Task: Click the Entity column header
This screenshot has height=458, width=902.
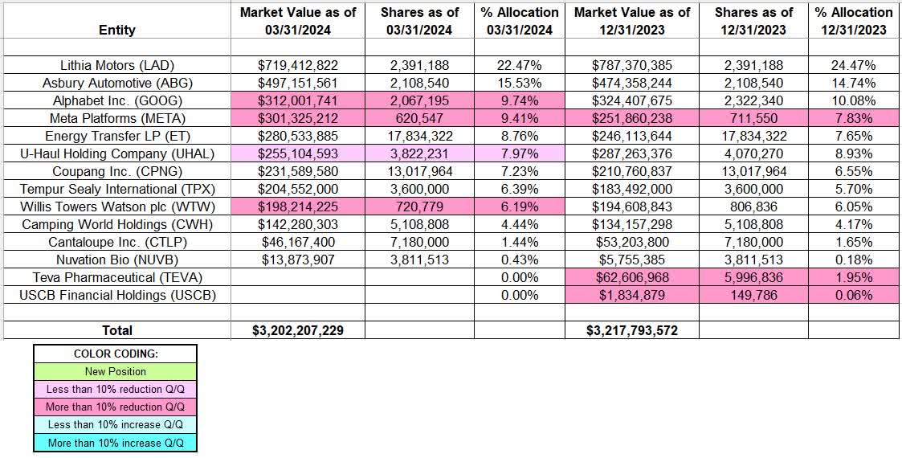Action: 117,30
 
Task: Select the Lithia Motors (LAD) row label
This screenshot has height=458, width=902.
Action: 117,65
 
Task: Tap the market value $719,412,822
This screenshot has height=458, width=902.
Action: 295,65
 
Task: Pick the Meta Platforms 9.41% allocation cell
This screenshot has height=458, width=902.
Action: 518,118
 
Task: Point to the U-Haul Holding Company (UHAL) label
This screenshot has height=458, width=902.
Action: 117,153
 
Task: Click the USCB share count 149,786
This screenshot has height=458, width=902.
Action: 754,295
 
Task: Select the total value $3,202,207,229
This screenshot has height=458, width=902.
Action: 295,330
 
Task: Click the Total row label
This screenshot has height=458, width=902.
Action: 117,330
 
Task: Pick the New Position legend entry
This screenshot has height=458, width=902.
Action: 115,371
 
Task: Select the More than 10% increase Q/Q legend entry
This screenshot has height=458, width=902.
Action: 115,442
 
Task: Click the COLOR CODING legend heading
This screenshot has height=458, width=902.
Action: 115,354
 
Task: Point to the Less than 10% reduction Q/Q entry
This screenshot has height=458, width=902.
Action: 115,389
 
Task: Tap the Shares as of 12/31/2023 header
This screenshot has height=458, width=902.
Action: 754,21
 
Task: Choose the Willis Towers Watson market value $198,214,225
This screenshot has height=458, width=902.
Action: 295,207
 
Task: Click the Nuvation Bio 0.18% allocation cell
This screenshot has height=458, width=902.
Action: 853,260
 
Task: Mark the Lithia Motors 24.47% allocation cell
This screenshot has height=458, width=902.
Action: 853,65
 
